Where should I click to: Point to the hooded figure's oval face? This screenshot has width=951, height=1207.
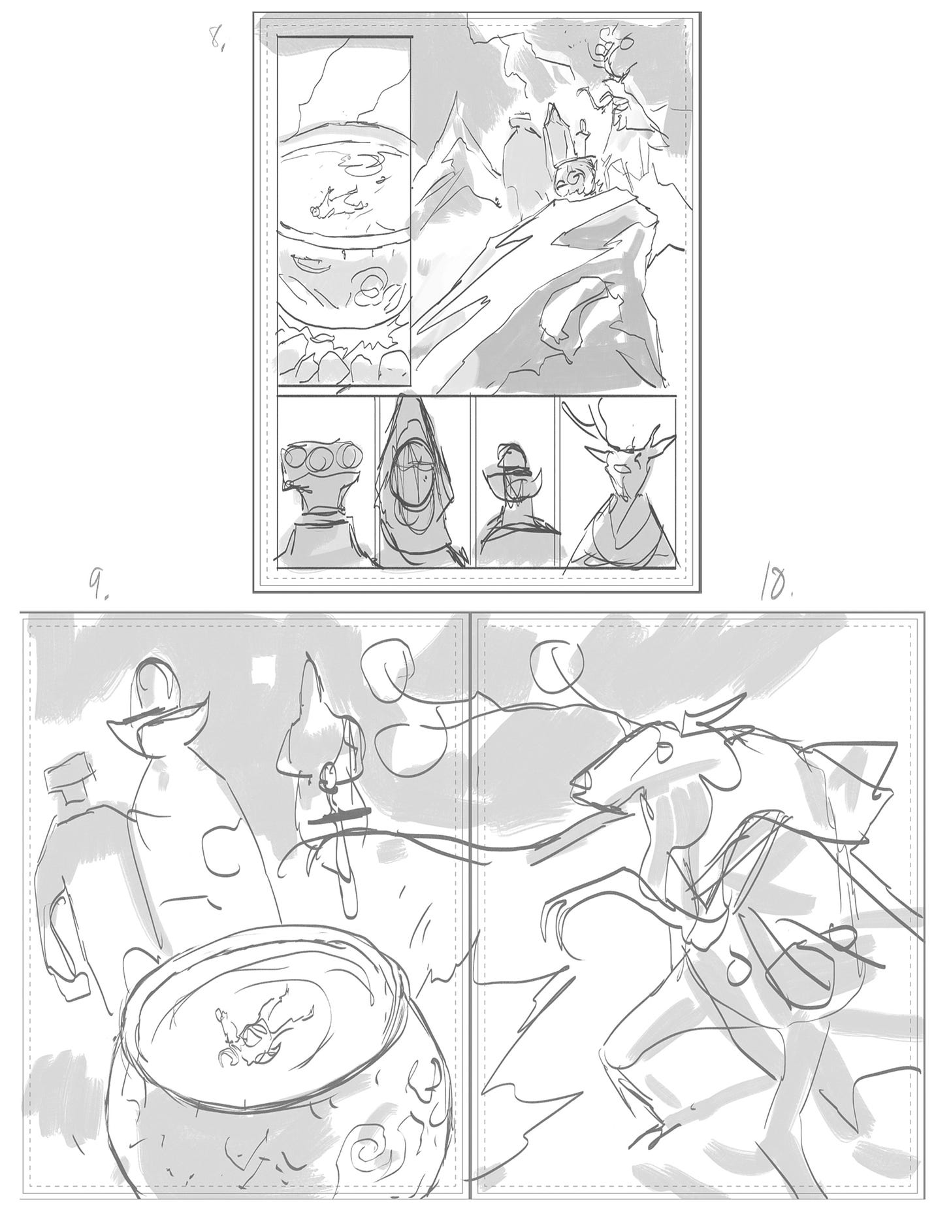pos(413,474)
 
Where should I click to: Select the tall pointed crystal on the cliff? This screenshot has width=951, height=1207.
pos(554,131)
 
